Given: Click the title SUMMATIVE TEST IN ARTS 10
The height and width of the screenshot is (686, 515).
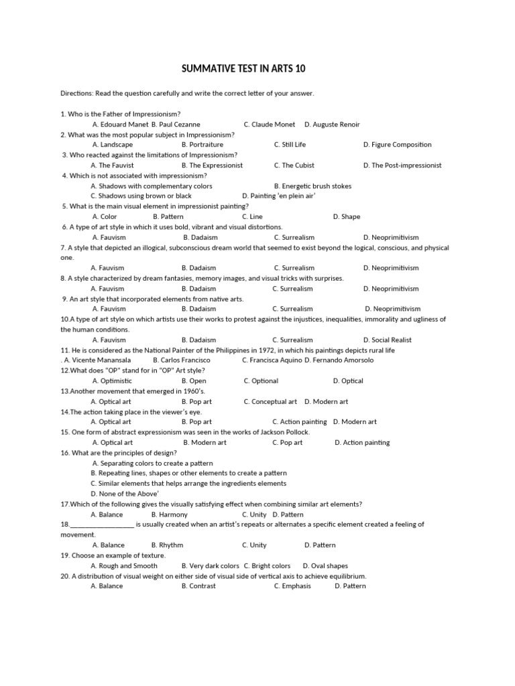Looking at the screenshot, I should tap(244, 69).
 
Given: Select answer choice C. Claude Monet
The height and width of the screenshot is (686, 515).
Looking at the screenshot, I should tap(270, 124).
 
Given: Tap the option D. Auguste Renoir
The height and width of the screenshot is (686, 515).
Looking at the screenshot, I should tap(332, 124).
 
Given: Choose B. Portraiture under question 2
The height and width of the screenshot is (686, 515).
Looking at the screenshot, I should tap(203, 145).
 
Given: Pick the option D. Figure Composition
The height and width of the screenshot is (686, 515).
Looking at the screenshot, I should tap(397, 145).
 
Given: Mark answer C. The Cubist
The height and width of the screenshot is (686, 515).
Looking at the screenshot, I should tap(294, 165).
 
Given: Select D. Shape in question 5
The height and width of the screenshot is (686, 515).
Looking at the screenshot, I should tap(347, 216).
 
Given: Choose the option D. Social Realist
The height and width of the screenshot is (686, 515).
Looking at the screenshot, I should tap(388, 340).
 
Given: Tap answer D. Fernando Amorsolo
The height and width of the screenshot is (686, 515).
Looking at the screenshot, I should tap(339, 360).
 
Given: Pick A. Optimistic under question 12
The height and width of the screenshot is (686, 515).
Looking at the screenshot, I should tap(111, 381).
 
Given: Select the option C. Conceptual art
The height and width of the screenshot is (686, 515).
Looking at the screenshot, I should tap(270, 401).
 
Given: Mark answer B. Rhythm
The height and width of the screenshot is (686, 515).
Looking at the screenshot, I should tap(168, 545).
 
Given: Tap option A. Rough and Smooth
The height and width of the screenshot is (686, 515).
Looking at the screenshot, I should tap(124, 565).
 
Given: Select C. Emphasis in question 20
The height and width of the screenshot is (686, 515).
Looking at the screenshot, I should tap(292, 586).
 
